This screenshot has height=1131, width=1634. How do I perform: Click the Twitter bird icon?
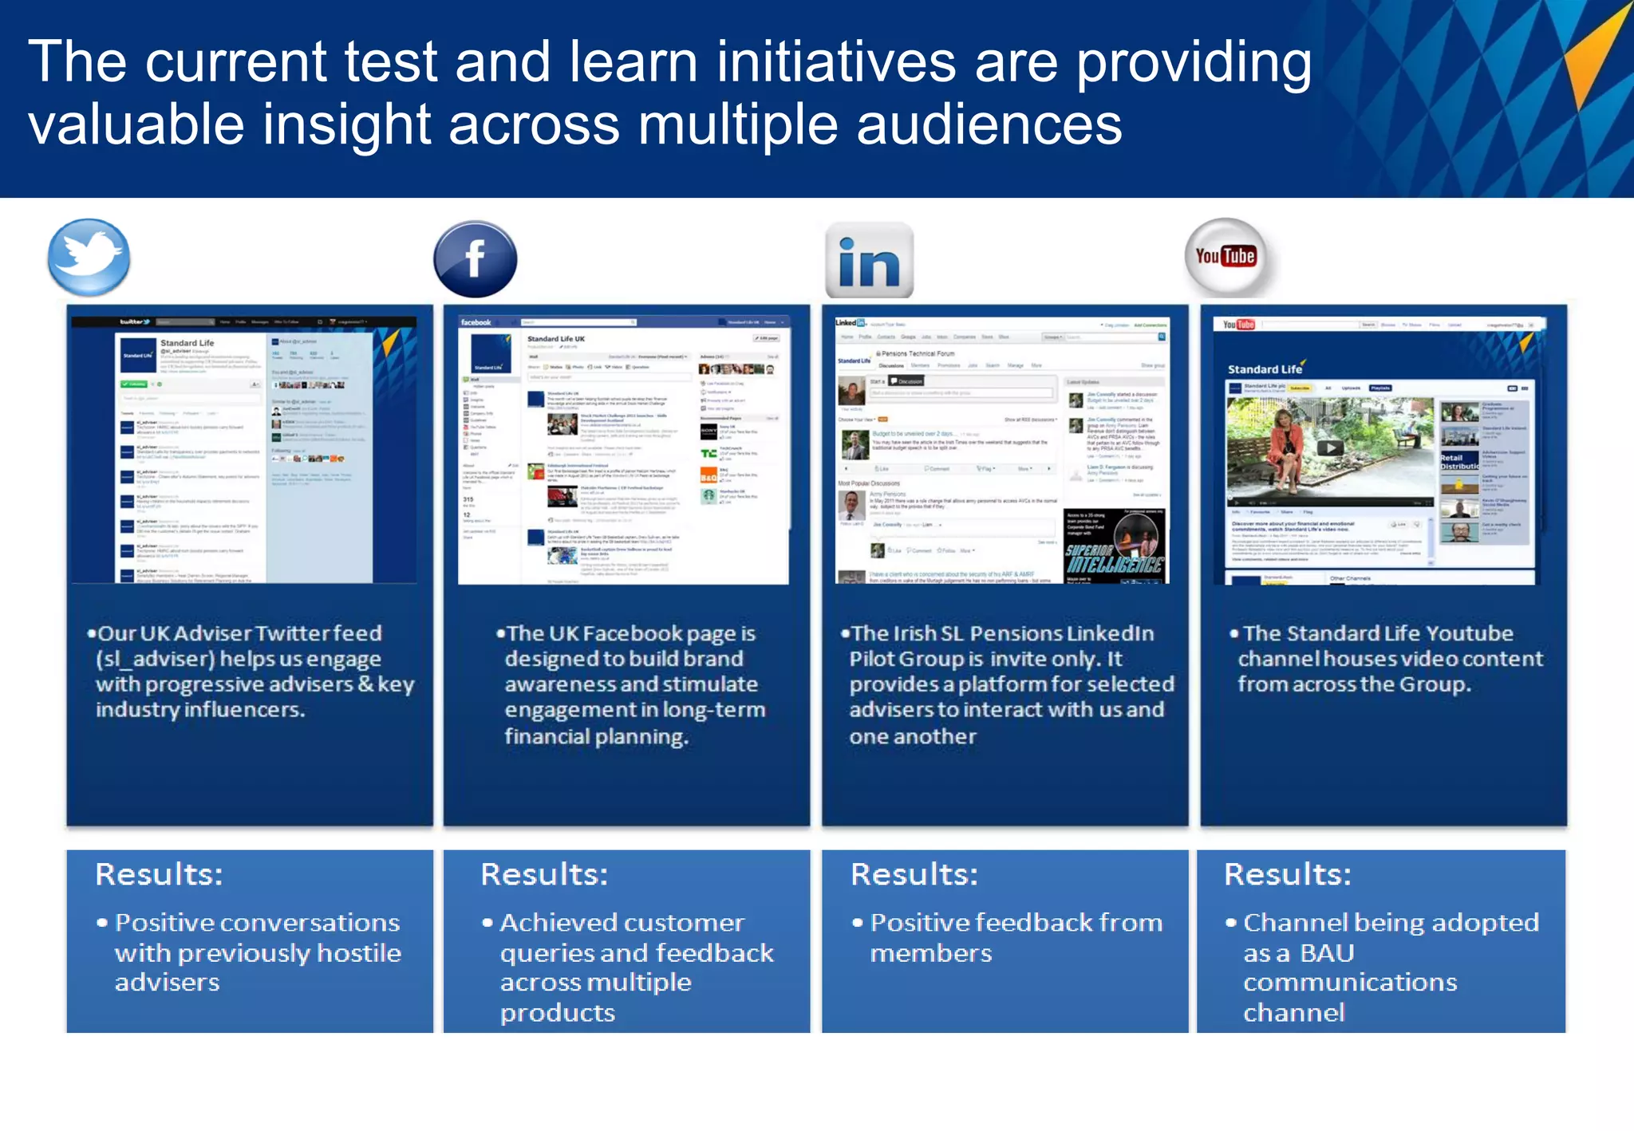tap(89, 257)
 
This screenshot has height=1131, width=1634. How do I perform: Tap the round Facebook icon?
tap(476, 259)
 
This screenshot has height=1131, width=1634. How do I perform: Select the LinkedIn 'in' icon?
tap(869, 261)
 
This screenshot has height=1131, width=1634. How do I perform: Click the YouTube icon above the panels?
tap(1225, 257)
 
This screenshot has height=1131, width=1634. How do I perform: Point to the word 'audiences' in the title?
tap(989, 125)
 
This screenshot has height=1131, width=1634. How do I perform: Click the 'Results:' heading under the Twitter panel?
tap(159, 874)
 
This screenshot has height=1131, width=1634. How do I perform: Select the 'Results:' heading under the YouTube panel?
tap(1287, 874)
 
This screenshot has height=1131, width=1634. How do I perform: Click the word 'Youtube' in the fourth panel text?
tap(1469, 633)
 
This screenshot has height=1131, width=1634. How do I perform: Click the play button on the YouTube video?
tap(1328, 447)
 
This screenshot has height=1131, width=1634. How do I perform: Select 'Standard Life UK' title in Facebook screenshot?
tap(556, 339)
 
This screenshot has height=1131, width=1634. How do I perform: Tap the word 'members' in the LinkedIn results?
tap(930, 954)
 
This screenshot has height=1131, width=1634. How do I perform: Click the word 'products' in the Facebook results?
tap(557, 1013)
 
